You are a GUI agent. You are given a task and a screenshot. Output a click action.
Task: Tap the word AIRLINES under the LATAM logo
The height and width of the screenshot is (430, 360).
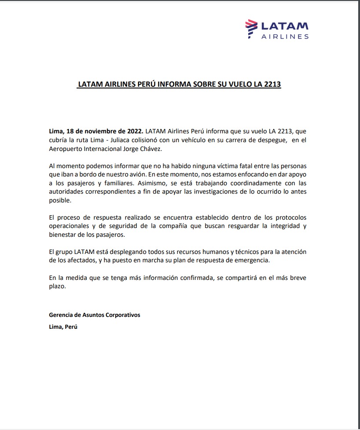(x=285, y=37)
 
